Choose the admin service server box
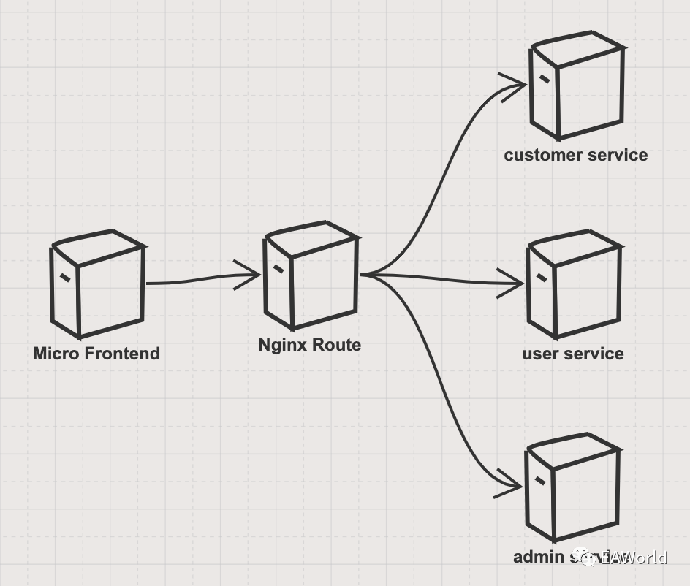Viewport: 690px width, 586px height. [572, 487]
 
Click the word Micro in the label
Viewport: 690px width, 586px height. [54, 354]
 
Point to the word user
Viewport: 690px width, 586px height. [539, 354]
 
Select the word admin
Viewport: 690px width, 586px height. [537, 558]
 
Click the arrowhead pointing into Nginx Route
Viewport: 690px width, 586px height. [253, 275]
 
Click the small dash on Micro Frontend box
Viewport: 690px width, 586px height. [65, 277]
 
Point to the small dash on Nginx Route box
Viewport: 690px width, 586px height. [278, 268]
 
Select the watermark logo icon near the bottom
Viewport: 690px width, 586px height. [589, 558]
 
